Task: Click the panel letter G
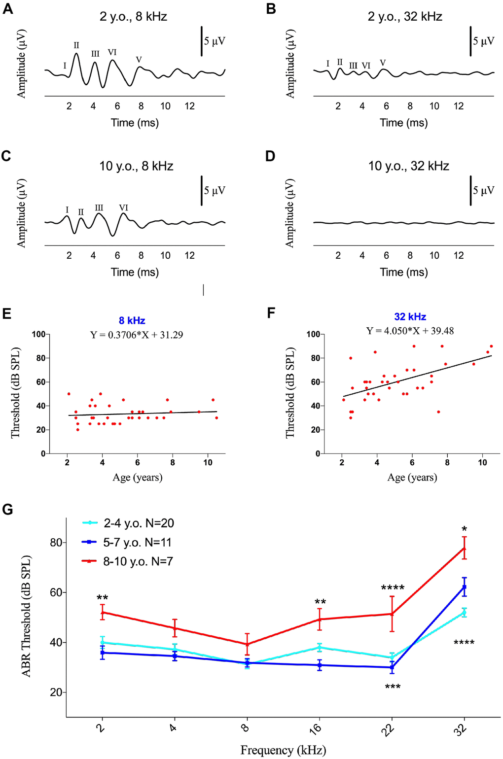coord(7,509)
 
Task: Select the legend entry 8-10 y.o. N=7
coord(138,561)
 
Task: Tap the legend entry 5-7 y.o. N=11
coord(138,542)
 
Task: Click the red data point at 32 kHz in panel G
coord(464,548)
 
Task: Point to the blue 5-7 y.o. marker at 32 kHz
coord(464,587)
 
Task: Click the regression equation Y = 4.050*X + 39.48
coord(410,331)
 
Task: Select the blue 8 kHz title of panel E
coord(132,321)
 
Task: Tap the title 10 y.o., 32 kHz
coord(408,166)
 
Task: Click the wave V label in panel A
coord(139,60)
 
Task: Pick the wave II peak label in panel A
coord(76,45)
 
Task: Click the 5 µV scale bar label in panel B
coord(483,41)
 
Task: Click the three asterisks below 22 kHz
coord(393,687)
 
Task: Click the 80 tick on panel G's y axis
coord(56,543)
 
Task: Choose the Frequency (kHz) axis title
coord(283,750)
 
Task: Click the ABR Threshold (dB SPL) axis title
coord(26,616)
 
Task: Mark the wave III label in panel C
coord(99,208)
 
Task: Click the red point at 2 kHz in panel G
coord(103,612)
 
